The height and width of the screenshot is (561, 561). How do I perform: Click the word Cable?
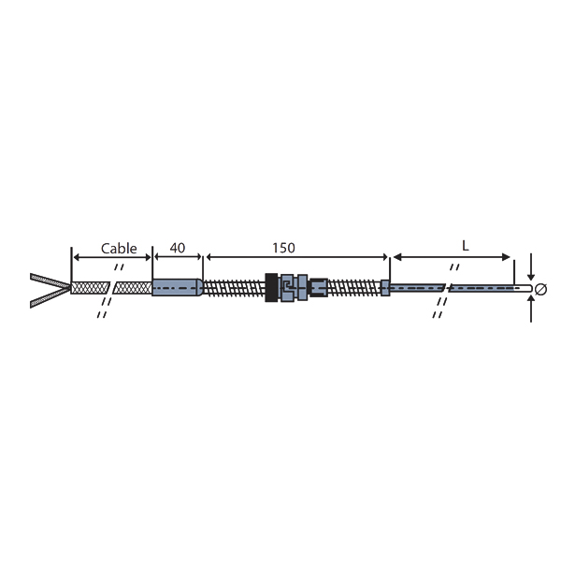click(119, 249)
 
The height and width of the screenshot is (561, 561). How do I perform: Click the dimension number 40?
click(178, 248)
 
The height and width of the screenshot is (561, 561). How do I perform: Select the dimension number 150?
click(283, 248)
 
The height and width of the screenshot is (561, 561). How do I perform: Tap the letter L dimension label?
click(465, 246)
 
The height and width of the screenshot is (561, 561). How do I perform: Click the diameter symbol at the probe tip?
click(540, 289)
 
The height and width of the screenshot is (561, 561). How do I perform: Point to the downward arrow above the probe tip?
click(531, 266)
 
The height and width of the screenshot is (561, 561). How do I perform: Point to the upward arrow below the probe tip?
click(531, 309)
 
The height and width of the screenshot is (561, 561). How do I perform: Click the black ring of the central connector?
click(271, 288)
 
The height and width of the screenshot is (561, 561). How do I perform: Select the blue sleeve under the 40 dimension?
click(178, 288)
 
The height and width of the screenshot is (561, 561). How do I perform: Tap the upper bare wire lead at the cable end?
click(50, 280)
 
